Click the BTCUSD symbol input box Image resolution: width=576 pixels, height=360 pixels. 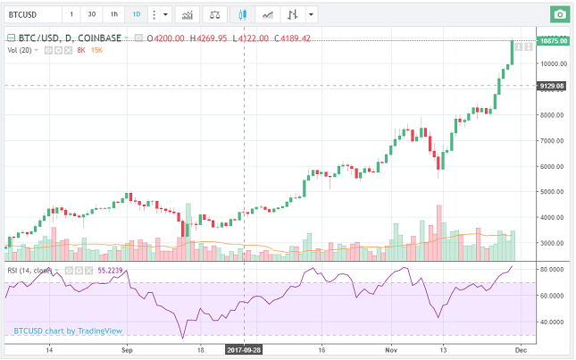pyautogui.click(x=34, y=15)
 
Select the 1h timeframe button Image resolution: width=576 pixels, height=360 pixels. pyautogui.click(x=113, y=15)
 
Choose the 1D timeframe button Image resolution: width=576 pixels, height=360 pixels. pyautogui.click(x=136, y=15)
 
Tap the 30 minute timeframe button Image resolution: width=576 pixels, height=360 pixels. pyautogui.click(x=93, y=15)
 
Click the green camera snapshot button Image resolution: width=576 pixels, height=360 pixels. pyautogui.click(x=559, y=15)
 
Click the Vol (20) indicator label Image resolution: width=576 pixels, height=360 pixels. pyautogui.click(x=21, y=51)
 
